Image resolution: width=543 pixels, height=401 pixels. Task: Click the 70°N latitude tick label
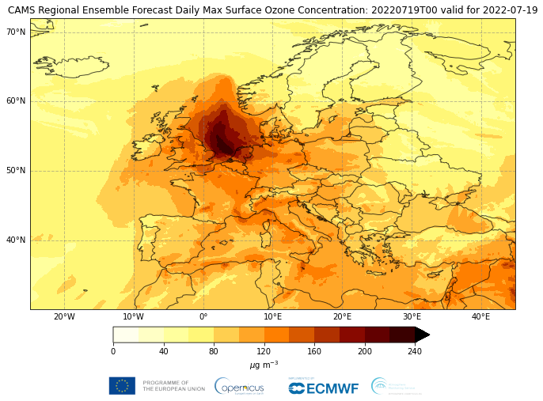17,32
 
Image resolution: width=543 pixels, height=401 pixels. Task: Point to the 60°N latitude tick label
17,101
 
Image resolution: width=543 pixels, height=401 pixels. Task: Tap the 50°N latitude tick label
17,171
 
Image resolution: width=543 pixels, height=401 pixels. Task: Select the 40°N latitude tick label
17,240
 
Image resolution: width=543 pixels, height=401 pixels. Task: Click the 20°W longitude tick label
64,317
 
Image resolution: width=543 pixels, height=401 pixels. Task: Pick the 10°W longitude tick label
134,317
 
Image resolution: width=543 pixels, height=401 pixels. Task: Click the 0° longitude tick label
203,317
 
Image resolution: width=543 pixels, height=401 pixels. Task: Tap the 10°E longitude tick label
272,317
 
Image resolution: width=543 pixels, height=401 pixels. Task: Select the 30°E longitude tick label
412,317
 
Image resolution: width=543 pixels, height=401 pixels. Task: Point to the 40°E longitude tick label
480,317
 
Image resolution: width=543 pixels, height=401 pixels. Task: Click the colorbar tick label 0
113,352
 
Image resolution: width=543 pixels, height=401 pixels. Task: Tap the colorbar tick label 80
214,352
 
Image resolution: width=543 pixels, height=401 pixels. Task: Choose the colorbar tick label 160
314,352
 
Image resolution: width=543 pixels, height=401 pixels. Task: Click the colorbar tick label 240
415,352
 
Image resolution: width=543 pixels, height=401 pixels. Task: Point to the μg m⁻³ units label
264,365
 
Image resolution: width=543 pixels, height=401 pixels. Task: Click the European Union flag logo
122,386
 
